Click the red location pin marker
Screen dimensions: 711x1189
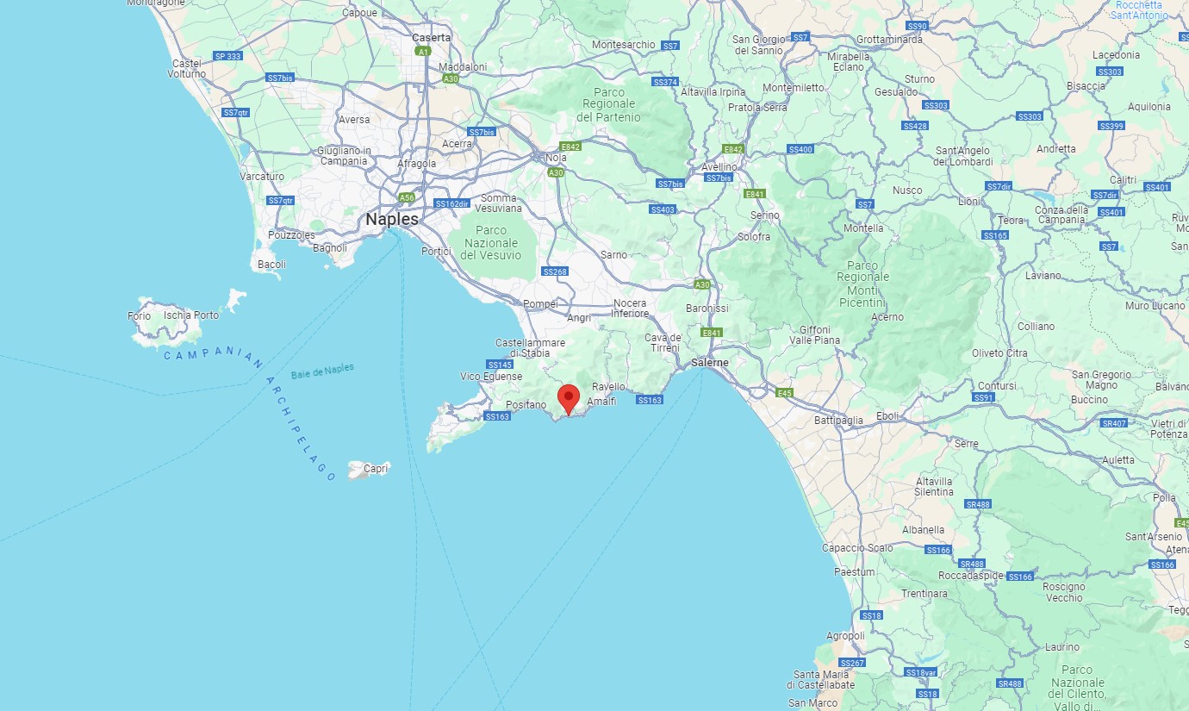(x=568, y=399)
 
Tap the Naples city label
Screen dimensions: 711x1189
(x=392, y=220)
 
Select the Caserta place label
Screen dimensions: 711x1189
(x=431, y=38)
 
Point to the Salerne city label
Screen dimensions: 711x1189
(x=709, y=363)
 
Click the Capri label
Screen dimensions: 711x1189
(x=377, y=469)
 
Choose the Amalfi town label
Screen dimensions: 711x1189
(x=601, y=402)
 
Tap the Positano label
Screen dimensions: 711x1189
(x=526, y=404)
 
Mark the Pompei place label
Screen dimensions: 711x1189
(x=540, y=304)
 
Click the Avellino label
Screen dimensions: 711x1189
(x=719, y=167)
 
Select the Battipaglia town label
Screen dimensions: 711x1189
(x=838, y=421)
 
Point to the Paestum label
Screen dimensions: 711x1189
(x=854, y=571)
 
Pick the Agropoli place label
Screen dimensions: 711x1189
(x=845, y=636)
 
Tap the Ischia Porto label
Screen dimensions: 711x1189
(x=190, y=315)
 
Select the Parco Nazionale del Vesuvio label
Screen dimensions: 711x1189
(x=491, y=242)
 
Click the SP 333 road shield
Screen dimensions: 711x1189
(x=228, y=56)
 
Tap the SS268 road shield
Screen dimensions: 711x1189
(x=555, y=271)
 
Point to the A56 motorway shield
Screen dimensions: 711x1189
(x=407, y=197)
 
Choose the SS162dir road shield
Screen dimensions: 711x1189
(x=451, y=204)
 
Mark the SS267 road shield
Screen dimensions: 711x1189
(x=851, y=663)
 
